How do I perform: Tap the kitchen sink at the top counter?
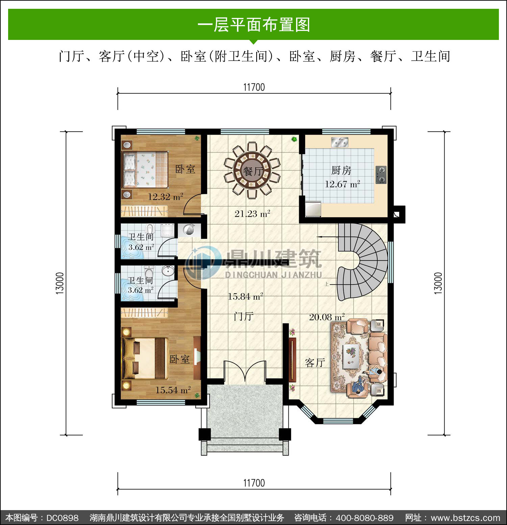pyautogui.click(x=340, y=142)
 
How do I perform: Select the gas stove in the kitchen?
pyautogui.click(x=381, y=175)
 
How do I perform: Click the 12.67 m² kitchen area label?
pyautogui.click(x=342, y=184)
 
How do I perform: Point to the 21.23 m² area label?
pyautogui.click(x=252, y=214)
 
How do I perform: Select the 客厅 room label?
pyautogui.click(x=315, y=363)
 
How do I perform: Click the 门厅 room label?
pyautogui.click(x=244, y=317)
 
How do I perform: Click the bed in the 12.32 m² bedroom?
pyautogui.click(x=145, y=169)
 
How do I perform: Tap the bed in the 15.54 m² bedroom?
pyautogui.click(x=145, y=358)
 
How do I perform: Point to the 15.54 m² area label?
pyautogui.click(x=173, y=390)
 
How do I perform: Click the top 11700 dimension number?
pyautogui.click(x=254, y=87)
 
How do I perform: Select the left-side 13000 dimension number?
pyautogui.click(x=60, y=283)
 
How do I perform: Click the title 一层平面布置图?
pyautogui.click(x=254, y=25)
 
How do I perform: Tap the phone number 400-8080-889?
pyautogui.click(x=364, y=518)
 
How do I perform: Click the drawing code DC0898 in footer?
pyautogui.click(x=62, y=518)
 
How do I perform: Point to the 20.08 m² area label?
pyautogui.click(x=327, y=317)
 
